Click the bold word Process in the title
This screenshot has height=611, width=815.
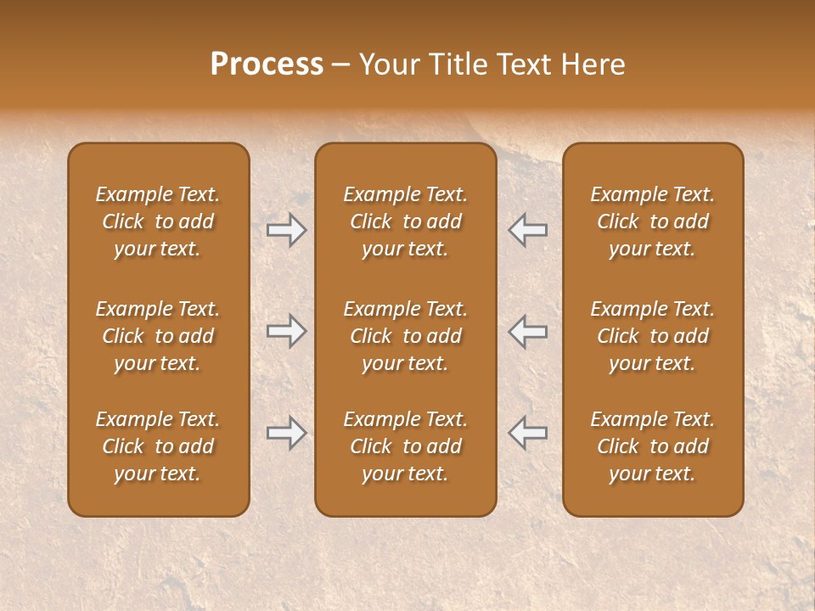pyautogui.click(x=267, y=64)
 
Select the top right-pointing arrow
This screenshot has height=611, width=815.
pyautogui.click(x=287, y=230)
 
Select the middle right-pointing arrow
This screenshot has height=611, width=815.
pyautogui.click(x=287, y=331)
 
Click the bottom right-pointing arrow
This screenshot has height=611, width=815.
pyautogui.click(x=287, y=433)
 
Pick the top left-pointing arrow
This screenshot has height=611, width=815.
pyautogui.click(x=527, y=230)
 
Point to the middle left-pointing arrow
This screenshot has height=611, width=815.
pyautogui.click(x=527, y=331)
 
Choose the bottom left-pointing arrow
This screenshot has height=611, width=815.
pyautogui.click(x=527, y=433)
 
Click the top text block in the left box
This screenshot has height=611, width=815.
pyautogui.click(x=158, y=221)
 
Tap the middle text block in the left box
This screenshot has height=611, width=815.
pyautogui.click(x=158, y=336)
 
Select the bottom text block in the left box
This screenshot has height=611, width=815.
pyautogui.click(x=158, y=446)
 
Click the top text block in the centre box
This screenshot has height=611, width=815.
pyautogui.click(x=405, y=221)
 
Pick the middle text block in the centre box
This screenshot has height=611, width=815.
pyautogui.click(x=405, y=336)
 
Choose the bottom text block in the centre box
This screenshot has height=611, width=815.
pyautogui.click(x=405, y=446)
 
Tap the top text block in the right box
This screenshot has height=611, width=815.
pyautogui.click(x=652, y=221)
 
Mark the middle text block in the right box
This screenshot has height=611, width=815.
pyautogui.click(x=652, y=336)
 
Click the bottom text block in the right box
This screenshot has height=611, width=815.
pyautogui.click(x=652, y=446)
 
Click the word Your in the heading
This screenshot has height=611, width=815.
pyautogui.click(x=386, y=64)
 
